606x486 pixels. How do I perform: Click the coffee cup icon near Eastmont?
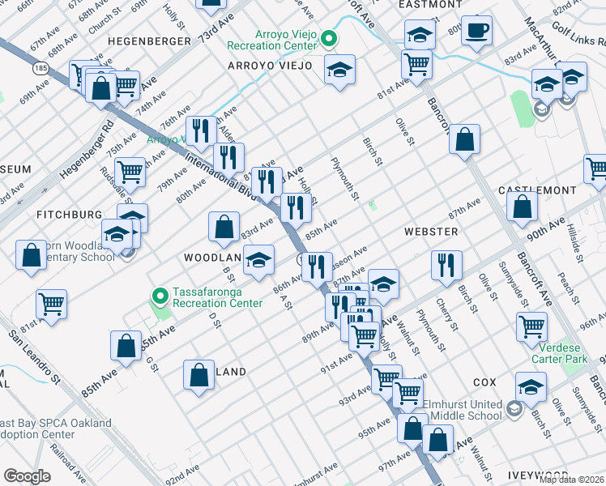pyautogui.click(x=476, y=31)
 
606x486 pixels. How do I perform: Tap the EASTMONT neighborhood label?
pyautogui.click(x=430, y=5)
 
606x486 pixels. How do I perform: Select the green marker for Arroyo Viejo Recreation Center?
pyautogui.click(x=329, y=38)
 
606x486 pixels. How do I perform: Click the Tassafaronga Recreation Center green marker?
pyautogui.click(x=159, y=295)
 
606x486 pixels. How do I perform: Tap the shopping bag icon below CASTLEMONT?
pyautogui.click(x=523, y=207)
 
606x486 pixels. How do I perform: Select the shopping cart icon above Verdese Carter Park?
pyautogui.click(x=531, y=326)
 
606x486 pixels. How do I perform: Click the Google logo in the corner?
pyautogui.click(x=27, y=475)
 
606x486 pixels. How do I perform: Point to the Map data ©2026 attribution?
pyautogui.click(x=571, y=480)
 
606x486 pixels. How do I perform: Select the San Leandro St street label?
pyautogui.click(x=35, y=354)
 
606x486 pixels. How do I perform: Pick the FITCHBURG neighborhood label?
pyautogui.click(x=69, y=215)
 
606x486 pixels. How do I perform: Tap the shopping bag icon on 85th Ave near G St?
pyautogui.click(x=127, y=346)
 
